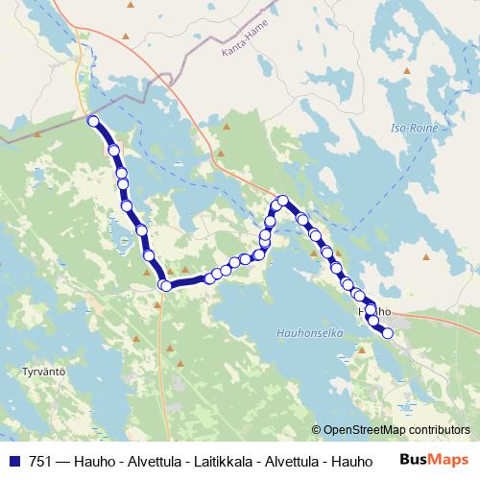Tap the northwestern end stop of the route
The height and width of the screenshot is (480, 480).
coord(93,121)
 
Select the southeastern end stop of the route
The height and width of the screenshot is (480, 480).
coord(388,333)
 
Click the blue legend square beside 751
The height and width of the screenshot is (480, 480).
coord(14,460)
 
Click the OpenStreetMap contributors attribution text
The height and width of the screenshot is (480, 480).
coord(396,430)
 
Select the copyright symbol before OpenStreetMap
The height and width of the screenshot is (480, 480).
coord(316,430)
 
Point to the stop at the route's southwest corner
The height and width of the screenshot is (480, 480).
coord(165,285)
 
